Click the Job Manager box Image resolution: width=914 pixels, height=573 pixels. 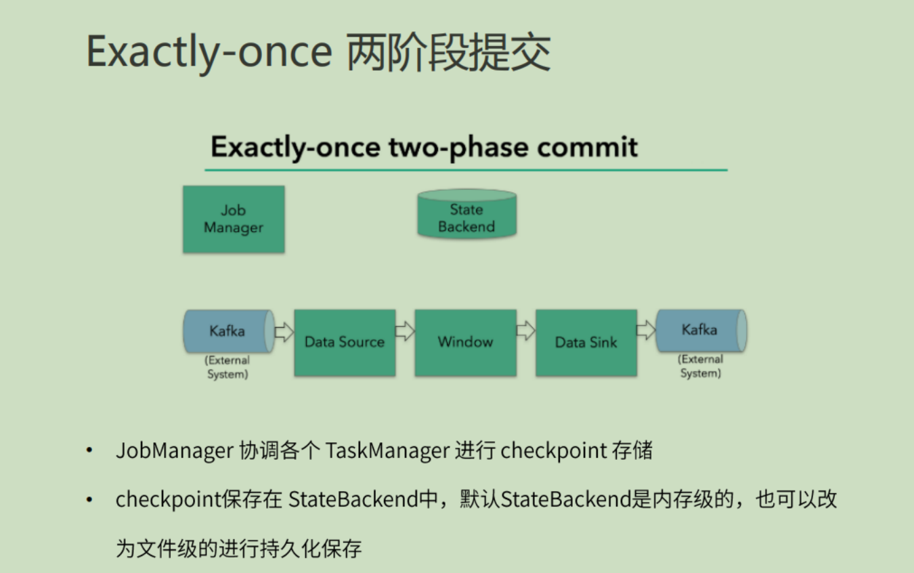(x=234, y=219)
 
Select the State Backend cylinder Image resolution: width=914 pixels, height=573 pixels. (x=466, y=215)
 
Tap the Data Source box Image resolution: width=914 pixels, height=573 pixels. (x=345, y=343)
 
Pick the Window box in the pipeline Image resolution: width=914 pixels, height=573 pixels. (x=465, y=343)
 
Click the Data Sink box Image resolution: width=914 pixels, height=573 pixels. (x=586, y=343)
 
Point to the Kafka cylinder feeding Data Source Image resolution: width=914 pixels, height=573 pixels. (x=227, y=331)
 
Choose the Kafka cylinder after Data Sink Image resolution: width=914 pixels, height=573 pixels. (x=700, y=330)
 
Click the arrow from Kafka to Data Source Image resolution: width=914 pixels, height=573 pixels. (x=284, y=332)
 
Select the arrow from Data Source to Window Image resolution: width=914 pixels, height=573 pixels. (x=405, y=331)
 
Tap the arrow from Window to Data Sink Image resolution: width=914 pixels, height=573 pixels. (x=525, y=331)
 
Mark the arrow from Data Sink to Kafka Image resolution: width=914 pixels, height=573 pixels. (x=646, y=331)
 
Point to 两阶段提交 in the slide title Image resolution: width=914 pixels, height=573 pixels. (x=448, y=51)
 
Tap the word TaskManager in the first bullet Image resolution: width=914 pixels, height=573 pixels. (x=387, y=450)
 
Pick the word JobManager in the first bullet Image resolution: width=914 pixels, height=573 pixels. (x=175, y=450)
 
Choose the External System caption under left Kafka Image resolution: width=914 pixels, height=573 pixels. (x=227, y=367)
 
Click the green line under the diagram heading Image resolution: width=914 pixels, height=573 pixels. (x=466, y=169)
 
